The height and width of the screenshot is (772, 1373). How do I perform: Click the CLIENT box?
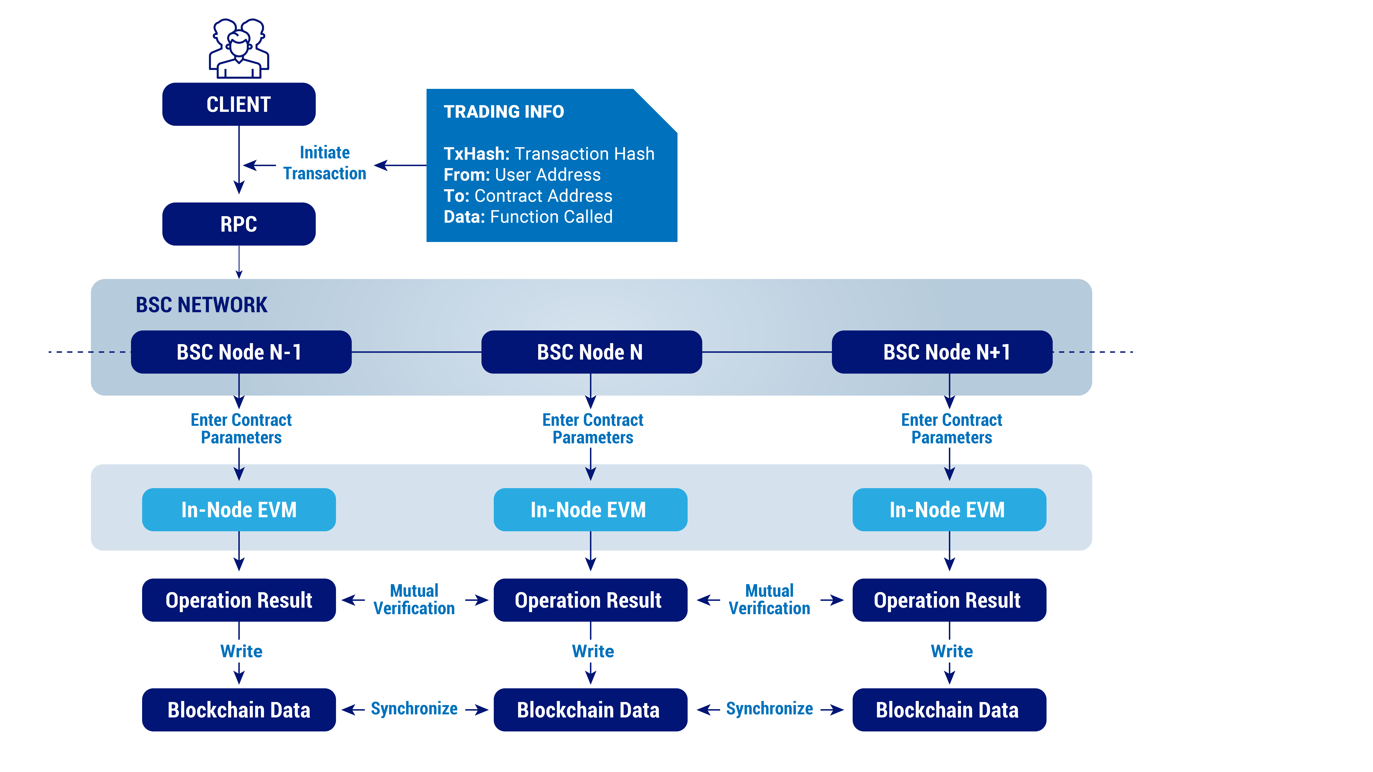point(239,104)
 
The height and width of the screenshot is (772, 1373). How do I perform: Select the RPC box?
point(239,224)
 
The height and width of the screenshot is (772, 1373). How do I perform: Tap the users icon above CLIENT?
point(239,49)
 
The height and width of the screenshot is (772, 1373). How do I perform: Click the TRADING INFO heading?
point(504,112)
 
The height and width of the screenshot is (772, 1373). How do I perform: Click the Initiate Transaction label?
point(325,163)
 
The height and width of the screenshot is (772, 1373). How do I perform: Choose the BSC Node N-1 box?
point(241,352)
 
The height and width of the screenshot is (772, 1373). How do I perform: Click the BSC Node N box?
point(591,352)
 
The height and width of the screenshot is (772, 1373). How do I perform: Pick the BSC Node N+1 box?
point(942,352)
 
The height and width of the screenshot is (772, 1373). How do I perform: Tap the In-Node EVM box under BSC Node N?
point(590,510)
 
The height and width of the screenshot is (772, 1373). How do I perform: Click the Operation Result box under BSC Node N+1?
point(949,600)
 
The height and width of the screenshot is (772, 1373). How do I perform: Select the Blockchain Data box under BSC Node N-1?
point(239,710)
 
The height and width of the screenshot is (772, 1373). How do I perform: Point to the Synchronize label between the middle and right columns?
point(769,709)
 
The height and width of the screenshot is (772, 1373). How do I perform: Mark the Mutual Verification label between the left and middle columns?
point(414,600)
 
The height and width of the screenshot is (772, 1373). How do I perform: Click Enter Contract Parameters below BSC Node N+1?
point(951,429)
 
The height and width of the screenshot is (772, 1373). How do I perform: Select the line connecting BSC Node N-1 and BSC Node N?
point(416,352)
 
